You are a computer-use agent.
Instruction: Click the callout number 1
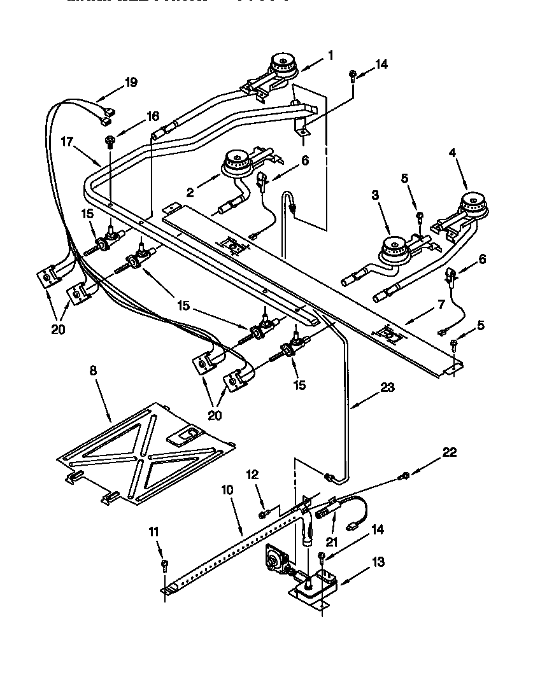point(330,55)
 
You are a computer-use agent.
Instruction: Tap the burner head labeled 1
point(283,64)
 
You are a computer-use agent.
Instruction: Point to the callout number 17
point(68,142)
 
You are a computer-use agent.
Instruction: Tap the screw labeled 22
point(404,475)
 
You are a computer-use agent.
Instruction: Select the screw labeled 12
point(263,513)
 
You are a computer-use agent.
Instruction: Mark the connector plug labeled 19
point(106,116)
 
